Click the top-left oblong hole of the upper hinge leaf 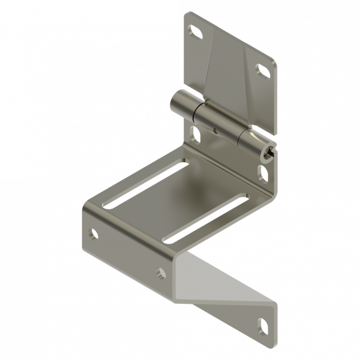(196, 33)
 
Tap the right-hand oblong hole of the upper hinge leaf (262, 70)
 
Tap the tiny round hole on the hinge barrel (216, 131)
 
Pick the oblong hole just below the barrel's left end (196, 134)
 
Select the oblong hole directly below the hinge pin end (263, 172)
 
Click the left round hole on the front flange (94, 234)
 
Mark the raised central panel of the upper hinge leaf (229, 77)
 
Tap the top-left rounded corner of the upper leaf (186, 15)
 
